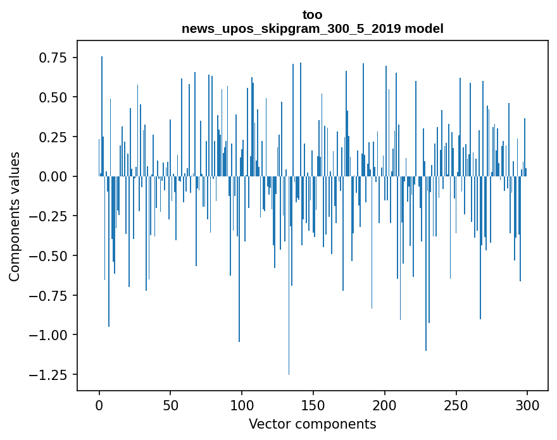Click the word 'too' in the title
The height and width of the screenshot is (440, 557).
312,15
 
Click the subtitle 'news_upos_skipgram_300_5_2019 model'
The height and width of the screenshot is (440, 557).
312,28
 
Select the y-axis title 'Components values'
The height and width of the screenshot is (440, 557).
14,216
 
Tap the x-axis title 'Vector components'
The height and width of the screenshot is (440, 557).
312,424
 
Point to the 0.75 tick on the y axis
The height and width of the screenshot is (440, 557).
53,58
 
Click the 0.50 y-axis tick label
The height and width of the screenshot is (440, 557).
53,97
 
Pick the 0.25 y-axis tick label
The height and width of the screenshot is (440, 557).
53,137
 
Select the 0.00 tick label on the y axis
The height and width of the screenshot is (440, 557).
53,176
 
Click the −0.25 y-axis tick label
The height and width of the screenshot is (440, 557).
49,216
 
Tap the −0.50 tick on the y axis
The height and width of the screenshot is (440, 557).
49,255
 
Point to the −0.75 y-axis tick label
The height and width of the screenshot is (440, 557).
49,295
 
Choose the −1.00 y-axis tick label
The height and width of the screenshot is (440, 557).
49,335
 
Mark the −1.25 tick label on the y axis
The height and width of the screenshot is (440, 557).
49,374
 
